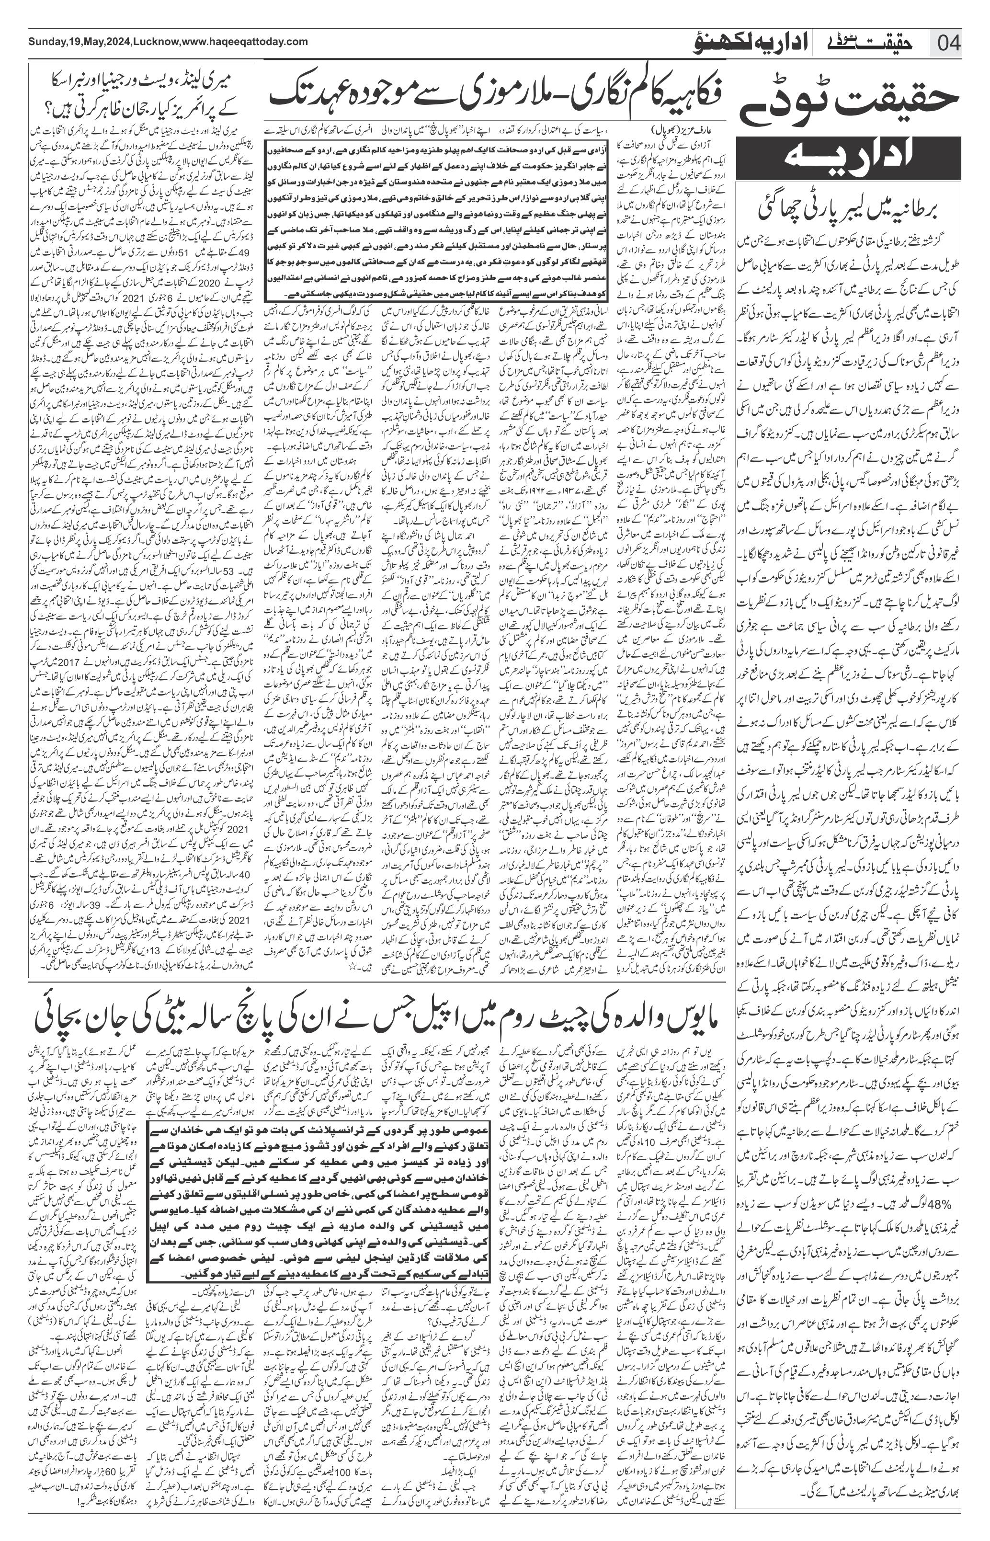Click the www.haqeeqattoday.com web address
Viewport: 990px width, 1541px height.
point(245,42)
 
